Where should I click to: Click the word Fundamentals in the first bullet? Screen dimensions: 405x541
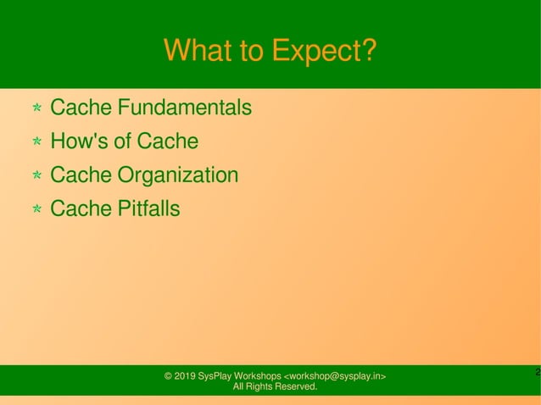click(184, 108)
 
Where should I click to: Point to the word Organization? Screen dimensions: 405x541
click(177, 175)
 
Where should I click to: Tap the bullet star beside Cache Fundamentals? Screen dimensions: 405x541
click(37, 109)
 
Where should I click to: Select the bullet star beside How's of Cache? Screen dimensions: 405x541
click(37, 142)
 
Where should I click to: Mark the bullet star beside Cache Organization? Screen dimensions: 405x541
click(37, 176)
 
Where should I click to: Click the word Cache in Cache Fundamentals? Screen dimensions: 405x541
click(81, 108)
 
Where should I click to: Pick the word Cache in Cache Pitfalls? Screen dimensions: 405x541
click(81, 208)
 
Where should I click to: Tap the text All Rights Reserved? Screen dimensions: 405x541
click(275, 387)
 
